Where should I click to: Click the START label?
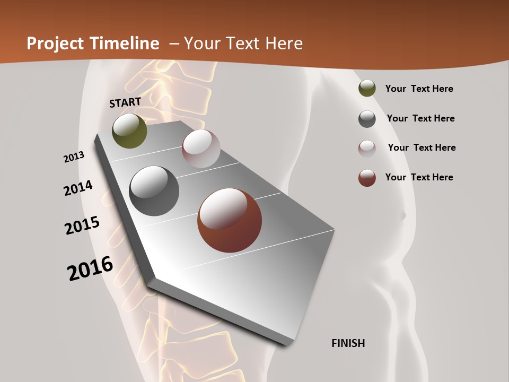click(125, 102)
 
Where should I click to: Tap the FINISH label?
click(348, 343)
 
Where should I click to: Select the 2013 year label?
click(74, 157)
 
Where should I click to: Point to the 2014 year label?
click(78, 188)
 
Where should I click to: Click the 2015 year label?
click(82, 225)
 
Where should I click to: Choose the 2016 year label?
click(90, 268)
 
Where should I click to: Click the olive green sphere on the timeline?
click(129, 131)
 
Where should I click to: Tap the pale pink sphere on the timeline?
click(201, 149)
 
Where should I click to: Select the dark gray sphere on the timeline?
click(154, 191)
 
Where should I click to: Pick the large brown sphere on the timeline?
click(230, 220)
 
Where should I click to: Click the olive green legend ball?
click(367, 89)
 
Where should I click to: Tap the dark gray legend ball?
click(367, 119)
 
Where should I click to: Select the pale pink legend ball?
click(367, 149)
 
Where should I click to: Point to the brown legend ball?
click(367, 178)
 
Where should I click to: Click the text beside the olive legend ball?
click(419, 89)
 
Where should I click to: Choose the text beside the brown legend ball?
click(419, 177)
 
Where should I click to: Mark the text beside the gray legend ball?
click(420, 118)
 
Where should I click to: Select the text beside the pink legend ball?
click(422, 147)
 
